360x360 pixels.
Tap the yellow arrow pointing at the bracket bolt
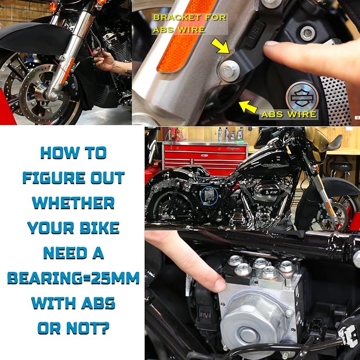tap(220, 46)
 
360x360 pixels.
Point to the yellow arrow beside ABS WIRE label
tap(248, 107)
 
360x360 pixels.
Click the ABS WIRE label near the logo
tap(288, 115)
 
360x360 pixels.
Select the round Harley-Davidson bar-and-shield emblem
tap(302, 97)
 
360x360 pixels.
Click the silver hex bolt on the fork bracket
tap(229, 71)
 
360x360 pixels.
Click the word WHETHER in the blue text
tap(73, 203)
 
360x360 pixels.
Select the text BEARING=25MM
tap(73, 278)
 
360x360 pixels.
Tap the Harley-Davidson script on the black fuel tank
tap(275, 165)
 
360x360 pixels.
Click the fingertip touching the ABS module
tap(219, 285)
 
